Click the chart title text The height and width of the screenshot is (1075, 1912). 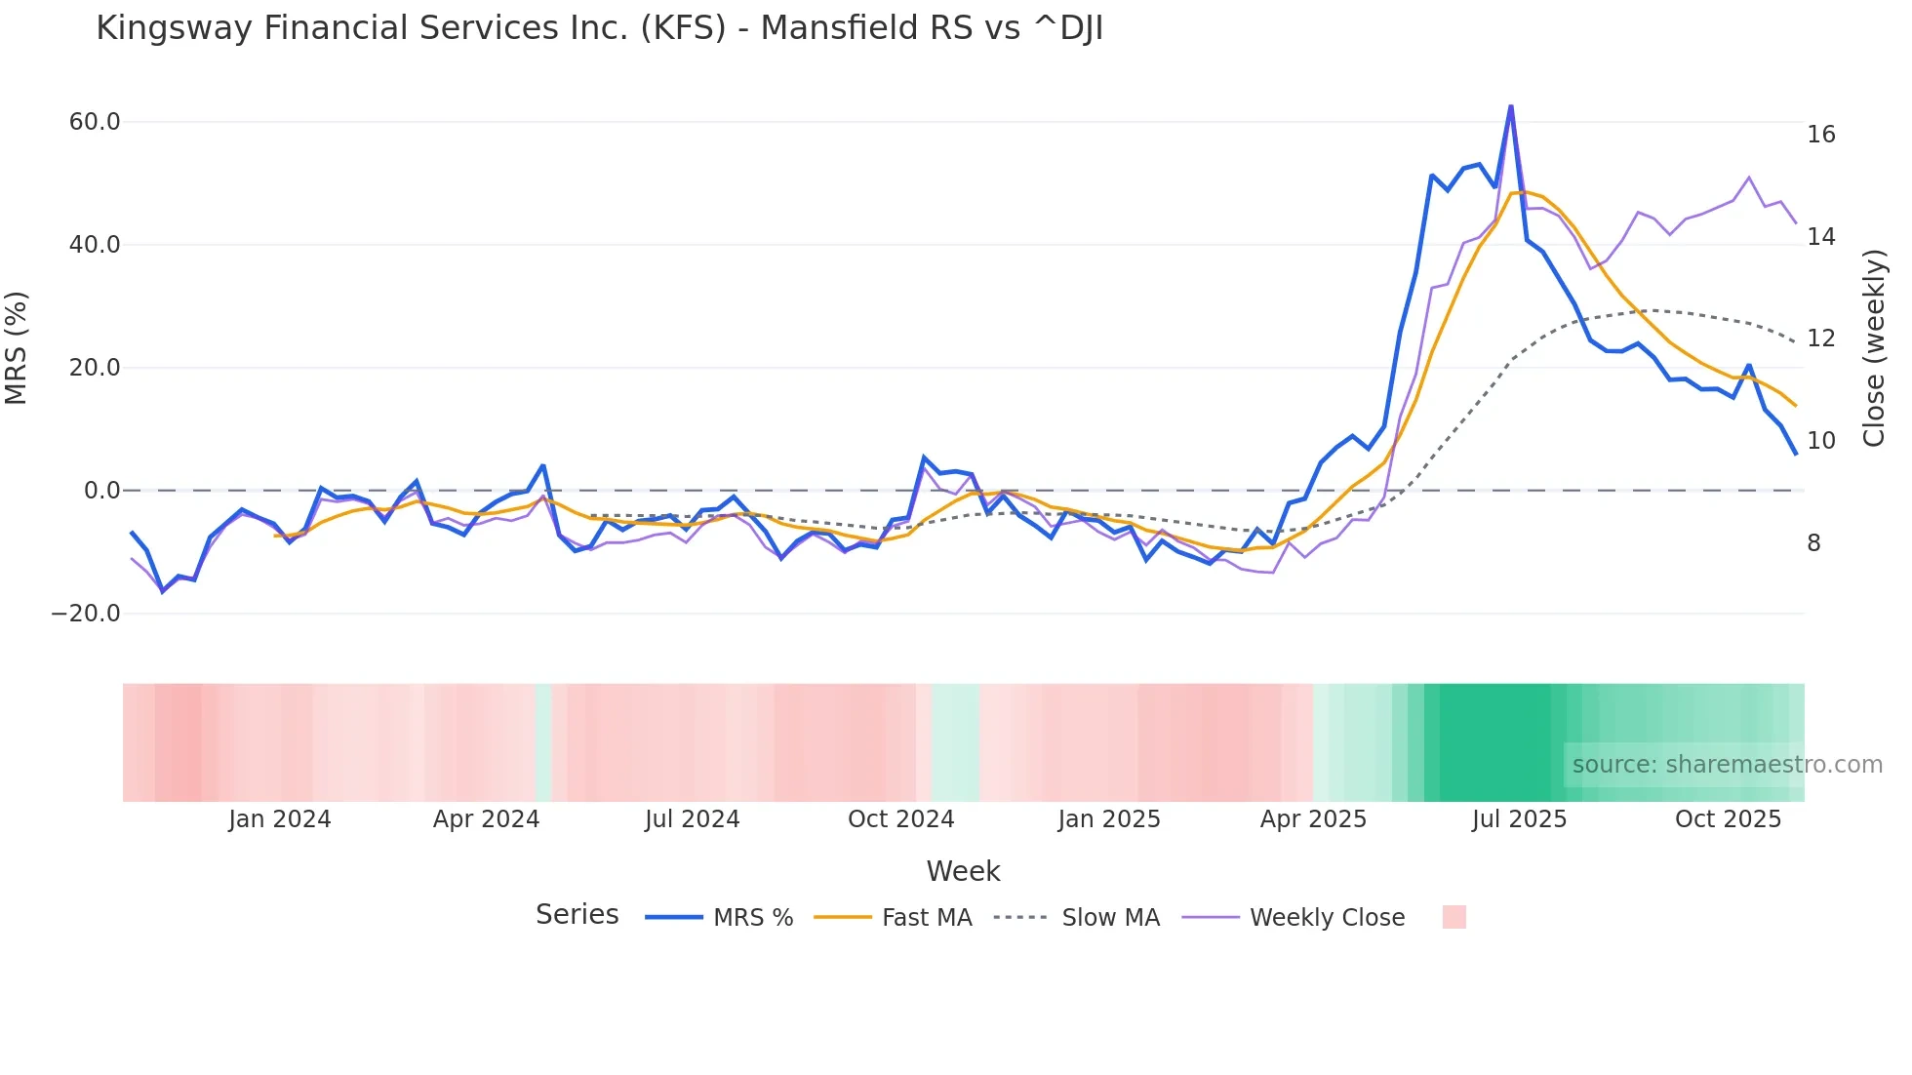coord(599,28)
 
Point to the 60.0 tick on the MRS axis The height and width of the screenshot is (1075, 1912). coord(95,122)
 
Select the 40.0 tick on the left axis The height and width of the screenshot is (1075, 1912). coord(95,245)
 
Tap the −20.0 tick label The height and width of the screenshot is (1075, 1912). coord(86,614)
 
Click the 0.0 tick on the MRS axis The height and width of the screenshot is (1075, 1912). coord(102,491)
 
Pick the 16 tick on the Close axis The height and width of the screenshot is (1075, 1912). coord(1820,135)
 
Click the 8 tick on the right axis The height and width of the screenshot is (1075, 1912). coord(1813,543)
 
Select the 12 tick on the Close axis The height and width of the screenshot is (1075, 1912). coord(1820,338)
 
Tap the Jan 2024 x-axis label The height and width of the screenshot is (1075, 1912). coord(280,819)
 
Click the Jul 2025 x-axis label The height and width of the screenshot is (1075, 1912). coord(1519,819)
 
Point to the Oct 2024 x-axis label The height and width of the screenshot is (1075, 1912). coord(900,819)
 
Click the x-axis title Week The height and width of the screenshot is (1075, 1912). coord(963,871)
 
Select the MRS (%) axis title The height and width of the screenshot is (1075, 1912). coord(17,348)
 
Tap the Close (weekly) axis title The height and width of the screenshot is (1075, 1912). coord(1873,348)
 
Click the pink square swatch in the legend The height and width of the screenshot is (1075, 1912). coord(1454,917)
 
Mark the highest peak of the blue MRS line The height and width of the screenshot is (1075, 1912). coord(1510,106)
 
